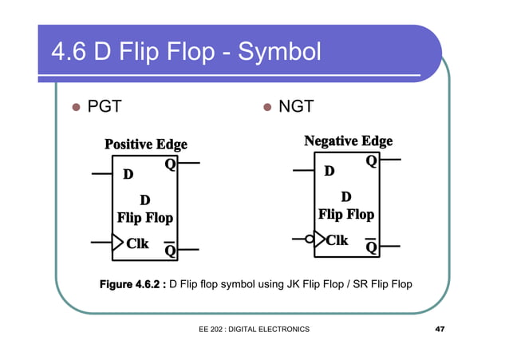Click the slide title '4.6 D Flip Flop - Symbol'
tap(185, 52)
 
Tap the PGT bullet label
tap(104, 106)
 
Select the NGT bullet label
tap(295, 106)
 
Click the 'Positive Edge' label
tap(145, 144)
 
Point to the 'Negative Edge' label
tap(348, 141)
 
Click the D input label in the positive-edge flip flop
tap(127, 174)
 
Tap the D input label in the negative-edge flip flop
tap(329, 171)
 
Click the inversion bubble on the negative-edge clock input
tap(310, 239)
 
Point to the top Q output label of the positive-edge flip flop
tap(170, 164)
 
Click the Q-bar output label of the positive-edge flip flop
tap(170, 250)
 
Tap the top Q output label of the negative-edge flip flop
tap(371, 161)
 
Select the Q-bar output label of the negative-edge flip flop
tap(371, 246)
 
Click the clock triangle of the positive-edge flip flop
tap(117, 242)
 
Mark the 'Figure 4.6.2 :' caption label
tap(132, 284)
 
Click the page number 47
tap(439, 330)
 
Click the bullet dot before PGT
tap(77, 107)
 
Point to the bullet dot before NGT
tap(268, 107)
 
